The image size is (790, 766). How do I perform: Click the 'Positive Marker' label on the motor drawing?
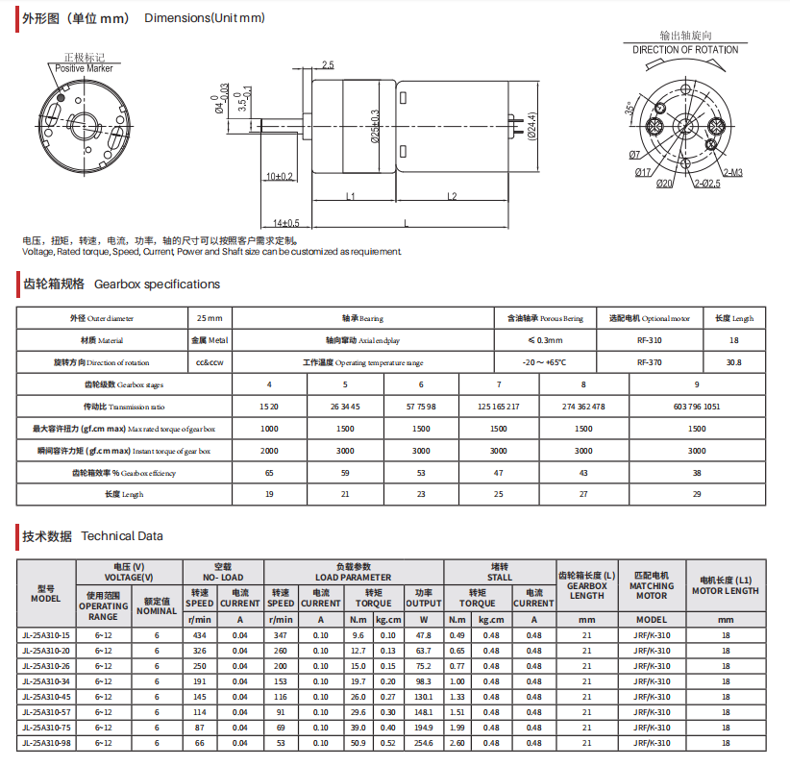coord(84,68)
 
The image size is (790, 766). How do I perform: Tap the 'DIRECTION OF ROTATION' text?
coord(685,50)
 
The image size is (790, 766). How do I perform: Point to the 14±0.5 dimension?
coord(285,222)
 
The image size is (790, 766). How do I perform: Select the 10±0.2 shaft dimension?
coord(281,177)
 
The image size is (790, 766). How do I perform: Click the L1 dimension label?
coord(351,196)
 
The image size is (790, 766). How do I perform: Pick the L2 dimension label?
coord(451,196)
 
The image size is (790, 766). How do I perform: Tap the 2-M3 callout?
coord(732,173)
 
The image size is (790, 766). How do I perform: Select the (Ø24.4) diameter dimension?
coord(531,127)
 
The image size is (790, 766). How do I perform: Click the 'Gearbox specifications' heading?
coord(157,284)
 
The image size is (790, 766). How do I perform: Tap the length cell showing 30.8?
coord(734,362)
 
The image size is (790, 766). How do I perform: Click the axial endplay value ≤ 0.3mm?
coord(545,340)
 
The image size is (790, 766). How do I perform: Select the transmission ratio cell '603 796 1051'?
coord(697,407)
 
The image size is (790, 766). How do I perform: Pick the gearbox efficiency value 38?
coord(697,473)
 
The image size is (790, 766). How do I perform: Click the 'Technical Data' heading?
coord(122,536)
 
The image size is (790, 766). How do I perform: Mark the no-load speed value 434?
coord(200,635)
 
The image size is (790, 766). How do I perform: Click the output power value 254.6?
coord(424,743)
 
